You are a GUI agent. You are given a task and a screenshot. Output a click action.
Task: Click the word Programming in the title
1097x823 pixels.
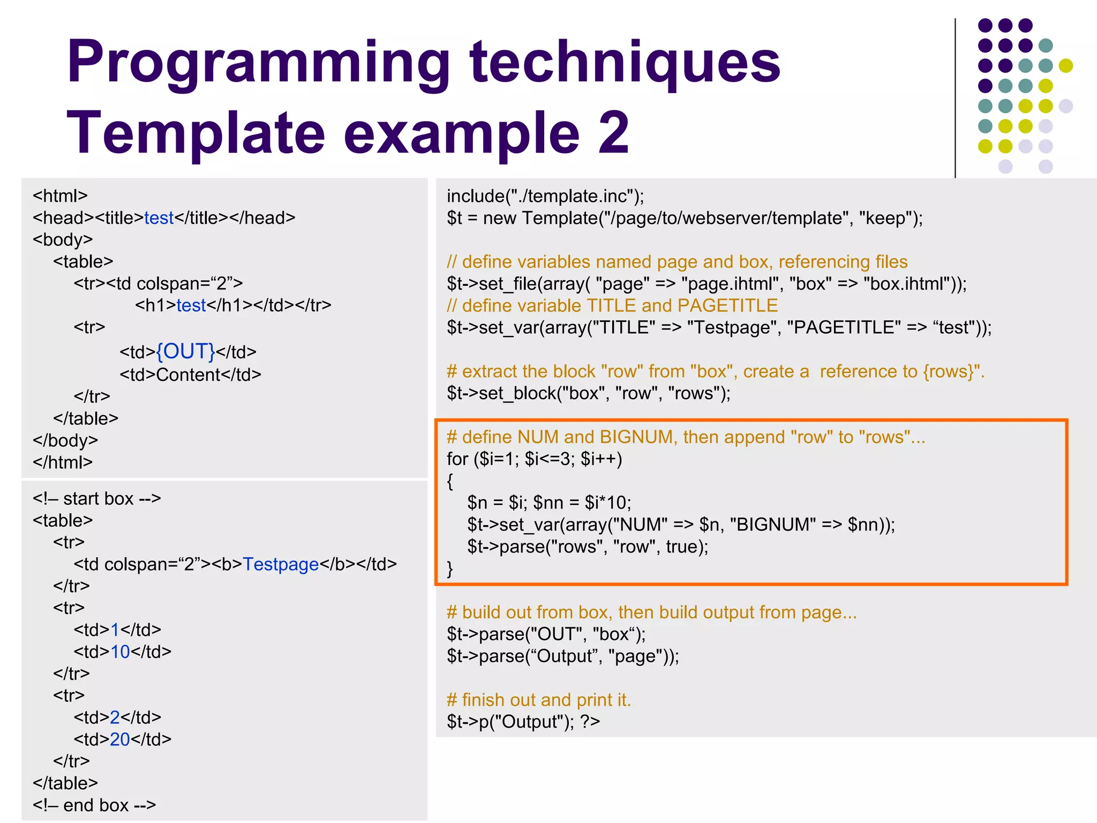coord(257,63)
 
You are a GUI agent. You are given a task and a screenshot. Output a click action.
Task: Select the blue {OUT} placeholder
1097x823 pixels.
coord(185,351)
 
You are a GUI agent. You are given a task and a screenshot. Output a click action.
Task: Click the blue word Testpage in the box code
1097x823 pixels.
coord(281,564)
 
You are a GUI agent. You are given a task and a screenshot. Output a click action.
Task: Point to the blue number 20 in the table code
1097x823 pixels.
coord(120,739)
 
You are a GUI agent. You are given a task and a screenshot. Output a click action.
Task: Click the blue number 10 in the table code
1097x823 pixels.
coord(120,652)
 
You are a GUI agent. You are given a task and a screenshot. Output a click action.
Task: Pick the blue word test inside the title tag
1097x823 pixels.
coord(159,218)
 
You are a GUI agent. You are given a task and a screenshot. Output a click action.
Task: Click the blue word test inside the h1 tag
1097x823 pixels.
coord(191,305)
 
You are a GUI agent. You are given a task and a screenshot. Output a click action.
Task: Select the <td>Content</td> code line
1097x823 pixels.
coord(190,375)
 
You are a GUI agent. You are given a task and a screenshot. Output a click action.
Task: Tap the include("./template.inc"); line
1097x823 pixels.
coord(545,196)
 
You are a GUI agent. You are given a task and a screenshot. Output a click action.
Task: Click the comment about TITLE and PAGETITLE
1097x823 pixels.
coord(612,305)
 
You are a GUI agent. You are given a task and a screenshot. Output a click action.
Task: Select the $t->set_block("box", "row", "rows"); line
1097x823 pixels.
coord(589,393)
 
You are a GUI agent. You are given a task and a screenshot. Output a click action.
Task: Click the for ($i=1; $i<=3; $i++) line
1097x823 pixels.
coord(535,459)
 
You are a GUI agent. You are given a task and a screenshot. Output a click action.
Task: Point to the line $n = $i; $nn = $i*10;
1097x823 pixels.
coord(549,503)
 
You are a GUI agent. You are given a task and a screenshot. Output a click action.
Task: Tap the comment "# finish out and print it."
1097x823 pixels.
coord(539,700)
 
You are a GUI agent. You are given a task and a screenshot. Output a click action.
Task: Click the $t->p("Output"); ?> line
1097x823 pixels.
coord(523,722)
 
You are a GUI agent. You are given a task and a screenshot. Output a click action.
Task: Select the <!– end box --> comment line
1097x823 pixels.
coord(94,805)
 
